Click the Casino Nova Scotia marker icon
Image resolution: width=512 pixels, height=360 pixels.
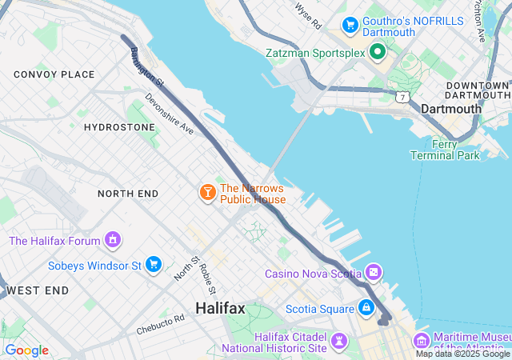[x=374, y=274]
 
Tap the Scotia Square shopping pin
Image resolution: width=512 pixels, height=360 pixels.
[x=366, y=307]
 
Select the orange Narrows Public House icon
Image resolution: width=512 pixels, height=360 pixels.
[x=207, y=193]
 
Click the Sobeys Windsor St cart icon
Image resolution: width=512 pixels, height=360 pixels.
[x=154, y=264]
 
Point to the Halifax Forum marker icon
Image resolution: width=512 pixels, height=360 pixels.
[x=114, y=240]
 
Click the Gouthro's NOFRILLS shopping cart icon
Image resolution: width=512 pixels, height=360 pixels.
[x=350, y=26]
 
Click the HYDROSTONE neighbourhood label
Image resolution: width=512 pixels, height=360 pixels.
[x=119, y=127]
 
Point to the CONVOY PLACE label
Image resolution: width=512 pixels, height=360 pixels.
[x=54, y=74]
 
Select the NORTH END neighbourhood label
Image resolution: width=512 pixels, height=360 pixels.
[x=128, y=194]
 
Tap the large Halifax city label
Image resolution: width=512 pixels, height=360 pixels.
[x=221, y=309]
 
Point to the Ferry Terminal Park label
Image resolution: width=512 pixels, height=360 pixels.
[x=445, y=150]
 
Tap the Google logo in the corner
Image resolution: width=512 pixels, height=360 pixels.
[x=26, y=350]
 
